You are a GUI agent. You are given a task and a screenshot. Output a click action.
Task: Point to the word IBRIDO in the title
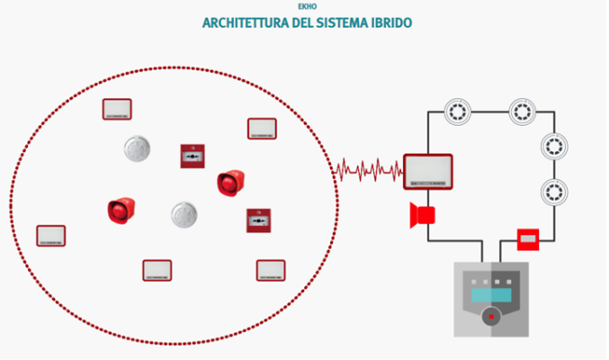[392, 22]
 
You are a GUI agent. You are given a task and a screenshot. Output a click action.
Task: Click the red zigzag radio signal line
[369, 168]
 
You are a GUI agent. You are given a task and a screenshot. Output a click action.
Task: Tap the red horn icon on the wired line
[422, 215]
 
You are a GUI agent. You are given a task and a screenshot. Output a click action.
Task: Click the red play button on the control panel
[490, 317]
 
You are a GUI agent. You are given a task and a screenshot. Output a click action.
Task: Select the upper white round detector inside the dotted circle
[137, 148]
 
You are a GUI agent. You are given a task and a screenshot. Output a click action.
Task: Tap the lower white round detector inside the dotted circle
[184, 214]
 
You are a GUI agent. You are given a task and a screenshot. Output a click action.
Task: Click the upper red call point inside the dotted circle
[193, 157]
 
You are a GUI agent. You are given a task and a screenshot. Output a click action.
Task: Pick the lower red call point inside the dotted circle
[259, 220]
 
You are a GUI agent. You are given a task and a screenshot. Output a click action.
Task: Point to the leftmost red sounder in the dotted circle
[121, 211]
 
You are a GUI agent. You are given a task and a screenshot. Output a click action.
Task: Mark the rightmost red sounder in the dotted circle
[230, 183]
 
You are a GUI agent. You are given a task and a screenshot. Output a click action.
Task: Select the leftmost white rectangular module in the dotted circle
[51, 236]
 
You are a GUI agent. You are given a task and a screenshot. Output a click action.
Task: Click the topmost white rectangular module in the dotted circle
[117, 110]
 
